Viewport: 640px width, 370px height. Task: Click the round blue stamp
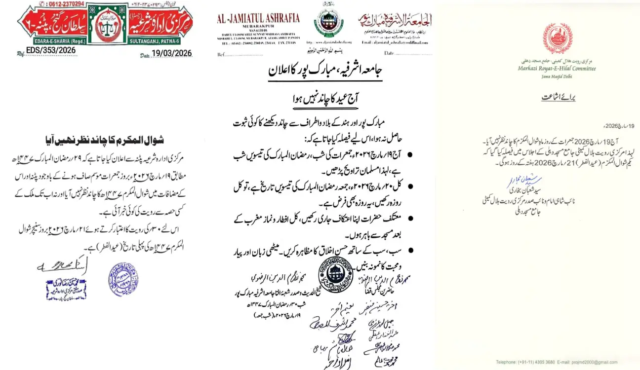(x=123, y=279)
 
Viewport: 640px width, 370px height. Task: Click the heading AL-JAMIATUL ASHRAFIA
(x=258, y=18)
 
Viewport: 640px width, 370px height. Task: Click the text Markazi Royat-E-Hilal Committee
(x=557, y=69)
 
